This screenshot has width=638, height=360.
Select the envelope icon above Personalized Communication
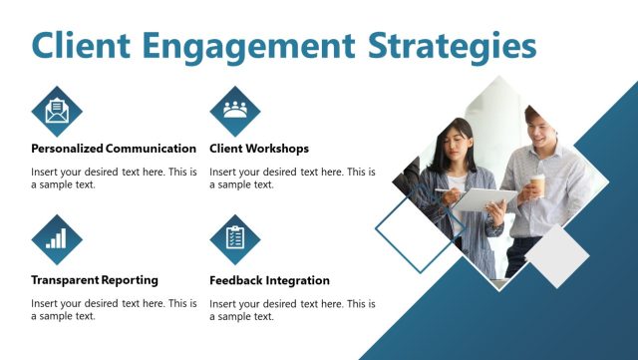coord(57,110)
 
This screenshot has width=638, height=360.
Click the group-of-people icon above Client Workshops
coord(235,110)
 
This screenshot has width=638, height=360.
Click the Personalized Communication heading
coord(114,149)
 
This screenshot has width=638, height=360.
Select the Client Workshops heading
coord(259,149)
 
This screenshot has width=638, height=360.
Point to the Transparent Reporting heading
coord(95,280)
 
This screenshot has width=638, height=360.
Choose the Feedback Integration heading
coord(269,280)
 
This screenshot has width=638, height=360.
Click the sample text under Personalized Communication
coord(114,178)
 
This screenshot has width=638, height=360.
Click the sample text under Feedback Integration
coord(292,309)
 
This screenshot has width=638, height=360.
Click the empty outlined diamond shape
coord(413,234)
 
